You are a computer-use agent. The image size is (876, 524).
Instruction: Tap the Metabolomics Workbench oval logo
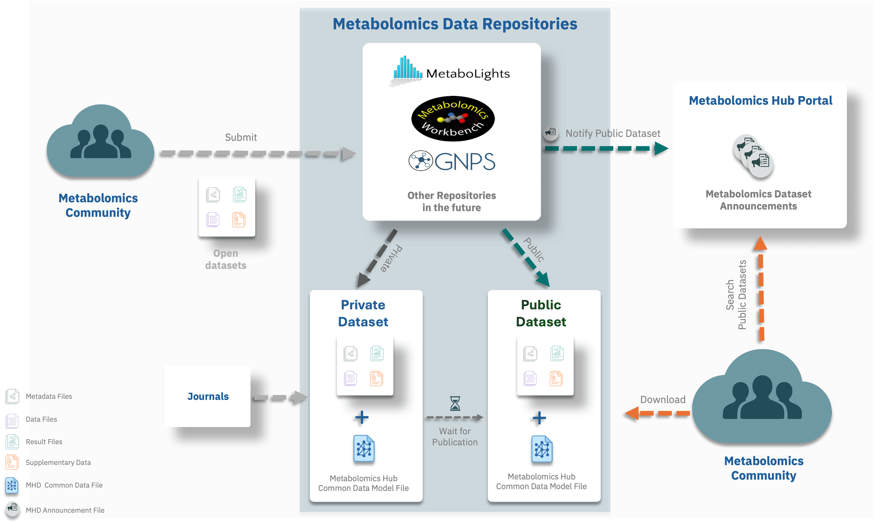pos(453,119)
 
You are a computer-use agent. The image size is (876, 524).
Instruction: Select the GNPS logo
pos(452,161)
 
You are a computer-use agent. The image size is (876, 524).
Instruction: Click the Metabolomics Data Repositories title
pos(455,24)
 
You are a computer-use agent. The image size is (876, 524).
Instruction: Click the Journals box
pos(208,396)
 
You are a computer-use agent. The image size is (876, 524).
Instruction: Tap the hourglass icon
pos(455,403)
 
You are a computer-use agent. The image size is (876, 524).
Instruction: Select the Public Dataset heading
pos(541,313)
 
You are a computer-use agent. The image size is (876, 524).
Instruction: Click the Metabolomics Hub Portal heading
pos(760,101)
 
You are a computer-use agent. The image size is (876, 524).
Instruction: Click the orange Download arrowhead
pos(631,414)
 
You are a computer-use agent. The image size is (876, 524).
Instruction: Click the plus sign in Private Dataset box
pos(362,417)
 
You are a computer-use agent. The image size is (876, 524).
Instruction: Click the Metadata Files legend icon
pos(12,396)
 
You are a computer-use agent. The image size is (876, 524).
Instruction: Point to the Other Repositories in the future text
pos(451,201)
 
